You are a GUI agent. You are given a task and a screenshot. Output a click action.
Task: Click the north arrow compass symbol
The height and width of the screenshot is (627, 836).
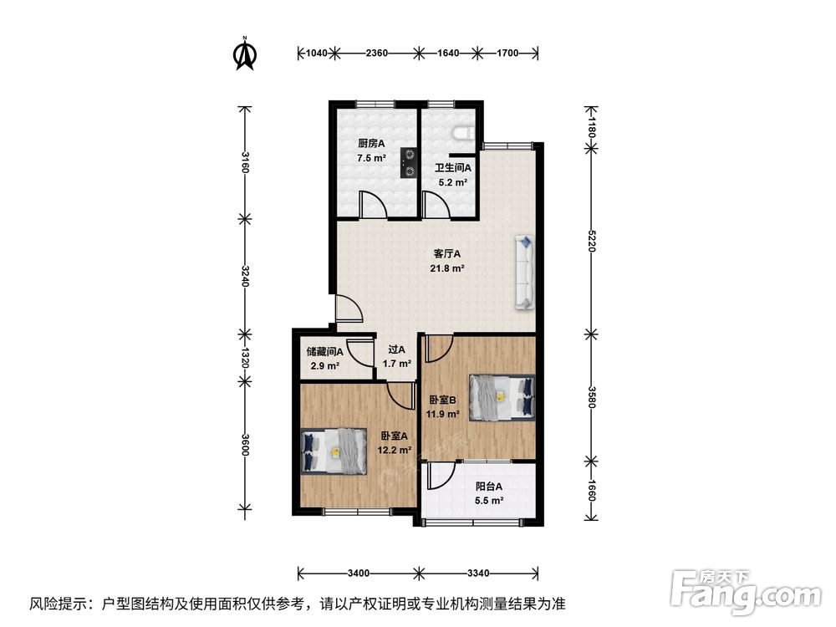tap(245, 54)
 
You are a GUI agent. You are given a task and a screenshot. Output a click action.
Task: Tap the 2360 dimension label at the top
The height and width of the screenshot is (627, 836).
tap(377, 53)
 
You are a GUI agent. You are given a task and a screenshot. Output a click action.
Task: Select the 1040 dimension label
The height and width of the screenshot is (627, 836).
tap(317, 53)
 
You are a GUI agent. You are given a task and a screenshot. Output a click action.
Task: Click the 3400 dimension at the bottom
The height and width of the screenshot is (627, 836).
tap(359, 573)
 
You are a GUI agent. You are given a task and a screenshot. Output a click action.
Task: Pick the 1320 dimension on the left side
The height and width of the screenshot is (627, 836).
tap(245, 358)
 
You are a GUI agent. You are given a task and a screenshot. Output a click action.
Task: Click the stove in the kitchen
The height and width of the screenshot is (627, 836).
tap(409, 162)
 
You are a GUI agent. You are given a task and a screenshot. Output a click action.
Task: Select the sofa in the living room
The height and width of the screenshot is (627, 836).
tap(525, 273)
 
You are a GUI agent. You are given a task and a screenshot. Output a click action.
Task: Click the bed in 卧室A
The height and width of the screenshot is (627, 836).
tap(334, 451)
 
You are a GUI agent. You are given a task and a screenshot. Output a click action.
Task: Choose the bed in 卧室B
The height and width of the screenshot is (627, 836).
tap(502, 398)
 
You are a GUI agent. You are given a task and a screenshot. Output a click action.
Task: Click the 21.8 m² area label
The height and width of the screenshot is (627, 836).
tap(446, 268)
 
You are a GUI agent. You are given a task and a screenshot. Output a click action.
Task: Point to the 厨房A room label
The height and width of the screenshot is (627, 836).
tap(371, 143)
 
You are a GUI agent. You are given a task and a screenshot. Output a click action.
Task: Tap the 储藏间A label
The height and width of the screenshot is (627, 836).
tap(324, 352)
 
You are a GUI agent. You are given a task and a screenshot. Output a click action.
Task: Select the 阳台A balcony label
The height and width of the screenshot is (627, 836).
tap(489, 487)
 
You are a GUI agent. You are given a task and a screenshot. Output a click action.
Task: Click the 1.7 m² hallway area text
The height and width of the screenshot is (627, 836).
tap(396, 364)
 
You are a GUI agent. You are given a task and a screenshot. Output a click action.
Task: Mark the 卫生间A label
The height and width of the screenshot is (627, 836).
tap(452, 168)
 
